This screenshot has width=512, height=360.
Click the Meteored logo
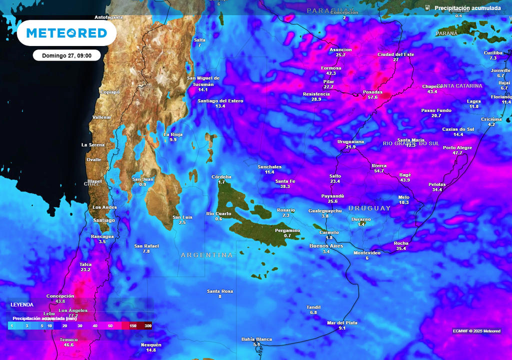pos(66,33)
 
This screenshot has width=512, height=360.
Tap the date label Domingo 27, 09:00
pos(66,55)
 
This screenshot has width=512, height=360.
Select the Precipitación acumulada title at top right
pos(467,8)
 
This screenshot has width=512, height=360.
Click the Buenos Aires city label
pos(326,246)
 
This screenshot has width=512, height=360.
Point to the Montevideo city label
pos(367,252)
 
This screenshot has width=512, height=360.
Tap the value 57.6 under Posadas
pos(372,97)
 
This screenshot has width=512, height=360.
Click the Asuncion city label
pos(340,49)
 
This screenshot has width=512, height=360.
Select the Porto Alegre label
pos(457,147)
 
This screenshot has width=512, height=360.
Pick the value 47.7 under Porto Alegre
pos(457,153)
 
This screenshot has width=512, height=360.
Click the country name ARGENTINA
pos(206,255)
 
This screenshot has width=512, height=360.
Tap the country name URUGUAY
pos(369,208)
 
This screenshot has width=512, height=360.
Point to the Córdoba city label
pos(221,176)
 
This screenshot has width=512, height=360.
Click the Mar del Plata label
pos(342,322)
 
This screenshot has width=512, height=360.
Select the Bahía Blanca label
pos(256,339)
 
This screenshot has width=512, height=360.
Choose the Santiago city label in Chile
pos(104,220)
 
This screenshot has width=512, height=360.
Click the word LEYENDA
pos(22,304)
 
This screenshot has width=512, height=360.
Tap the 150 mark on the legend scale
pos(133,326)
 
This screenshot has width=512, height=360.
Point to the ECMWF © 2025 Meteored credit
pos(476,331)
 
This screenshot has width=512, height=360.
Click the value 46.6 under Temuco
pos(68,345)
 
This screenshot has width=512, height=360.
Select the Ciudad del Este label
pos(395,54)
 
